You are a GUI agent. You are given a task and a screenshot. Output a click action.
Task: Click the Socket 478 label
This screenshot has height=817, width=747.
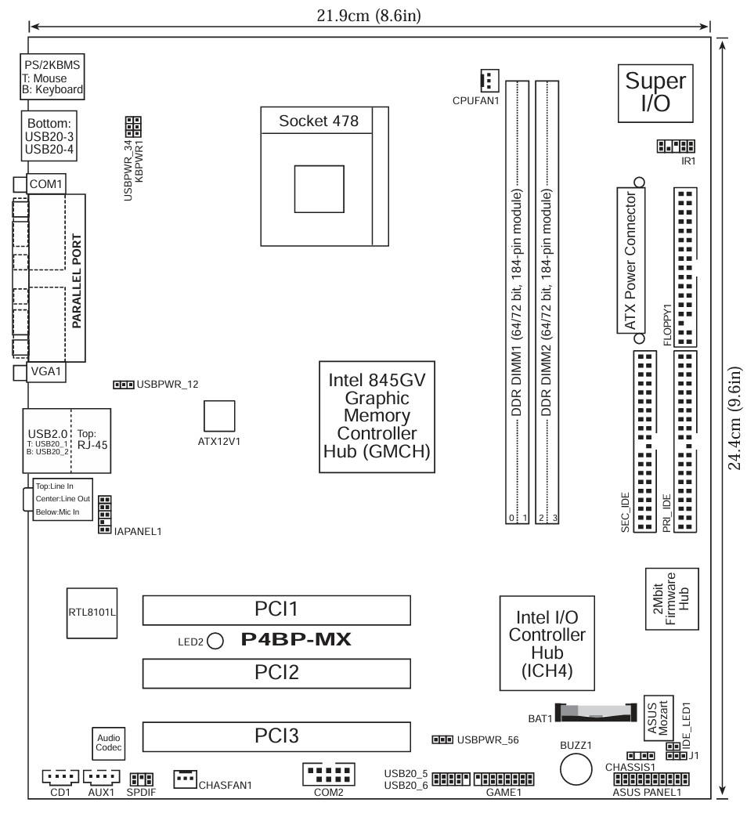point(318,121)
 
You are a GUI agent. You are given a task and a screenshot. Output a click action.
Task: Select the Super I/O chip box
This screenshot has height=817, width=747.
point(655,93)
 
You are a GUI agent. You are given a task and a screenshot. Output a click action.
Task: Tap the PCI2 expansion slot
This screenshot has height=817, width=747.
point(276,673)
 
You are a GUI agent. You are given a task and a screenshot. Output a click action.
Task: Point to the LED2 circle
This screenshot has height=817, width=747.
point(215,641)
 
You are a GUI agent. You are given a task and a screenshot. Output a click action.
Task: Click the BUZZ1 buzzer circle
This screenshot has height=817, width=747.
point(576,768)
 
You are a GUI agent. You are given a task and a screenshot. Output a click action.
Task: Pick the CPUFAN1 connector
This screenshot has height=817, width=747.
point(489,81)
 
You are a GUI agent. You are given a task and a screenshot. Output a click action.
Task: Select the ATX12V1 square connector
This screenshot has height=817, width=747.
point(219,416)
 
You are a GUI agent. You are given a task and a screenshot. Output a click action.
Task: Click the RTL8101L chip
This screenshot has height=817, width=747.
point(92,613)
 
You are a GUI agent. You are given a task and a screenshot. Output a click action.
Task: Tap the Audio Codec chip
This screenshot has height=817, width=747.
point(108,743)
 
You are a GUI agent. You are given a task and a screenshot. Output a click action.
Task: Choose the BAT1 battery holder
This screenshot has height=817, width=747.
point(595,712)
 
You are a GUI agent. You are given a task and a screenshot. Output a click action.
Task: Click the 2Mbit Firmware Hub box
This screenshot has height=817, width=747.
point(672,598)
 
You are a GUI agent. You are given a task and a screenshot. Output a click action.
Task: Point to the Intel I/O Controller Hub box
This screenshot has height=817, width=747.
point(547,643)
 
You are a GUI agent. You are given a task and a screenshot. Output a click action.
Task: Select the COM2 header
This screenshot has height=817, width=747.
point(329,774)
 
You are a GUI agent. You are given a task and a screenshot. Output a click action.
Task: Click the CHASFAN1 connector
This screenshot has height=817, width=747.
point(185,779)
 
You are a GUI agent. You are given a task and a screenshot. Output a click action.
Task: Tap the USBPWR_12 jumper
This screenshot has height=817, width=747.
point(124,385)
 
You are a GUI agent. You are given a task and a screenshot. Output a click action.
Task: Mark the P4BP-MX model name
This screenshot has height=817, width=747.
point(296,639)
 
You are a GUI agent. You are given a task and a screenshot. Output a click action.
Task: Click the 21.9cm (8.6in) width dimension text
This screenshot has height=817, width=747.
point(369,16)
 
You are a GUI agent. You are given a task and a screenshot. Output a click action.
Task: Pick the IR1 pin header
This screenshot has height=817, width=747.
point(676,146)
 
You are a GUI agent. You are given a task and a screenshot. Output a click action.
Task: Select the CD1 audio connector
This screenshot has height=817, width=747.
point(60,777)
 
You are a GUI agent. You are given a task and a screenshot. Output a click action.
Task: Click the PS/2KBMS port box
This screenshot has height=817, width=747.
point(52,77)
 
